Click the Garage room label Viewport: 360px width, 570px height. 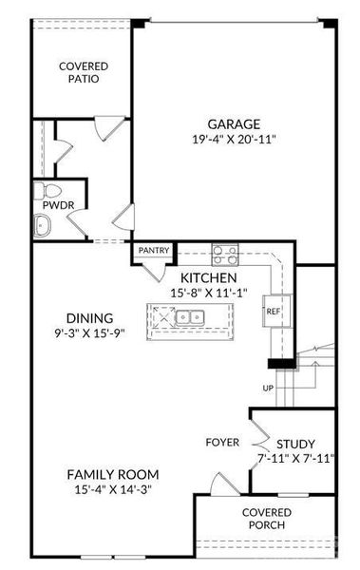(x=234, y=123)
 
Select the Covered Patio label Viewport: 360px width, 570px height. (x=84, y=72)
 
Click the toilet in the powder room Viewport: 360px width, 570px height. (x=48, y=191)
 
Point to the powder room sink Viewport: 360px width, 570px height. (x=42, y=226)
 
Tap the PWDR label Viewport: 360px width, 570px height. (x=58, y=205)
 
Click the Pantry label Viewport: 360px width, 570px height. (x=154, y=250)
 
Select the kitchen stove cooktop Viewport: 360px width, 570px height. (x=225, y=255)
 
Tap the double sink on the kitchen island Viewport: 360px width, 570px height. (x=189, y=317)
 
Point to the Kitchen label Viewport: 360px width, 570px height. (x=209, y=278)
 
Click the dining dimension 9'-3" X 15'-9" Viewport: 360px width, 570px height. (x=89, y=333)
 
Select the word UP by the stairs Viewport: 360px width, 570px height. (x=268, y=389)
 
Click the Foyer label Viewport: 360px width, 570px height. (x=222, y=443)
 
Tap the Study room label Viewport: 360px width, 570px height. (x=295, y=445)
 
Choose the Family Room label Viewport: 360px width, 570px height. (x=113, y=475)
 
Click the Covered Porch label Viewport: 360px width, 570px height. (x=267, y=519)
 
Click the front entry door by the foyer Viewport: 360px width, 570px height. (x=225, y=484)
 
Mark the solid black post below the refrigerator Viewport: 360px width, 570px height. (x=281, y=364)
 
